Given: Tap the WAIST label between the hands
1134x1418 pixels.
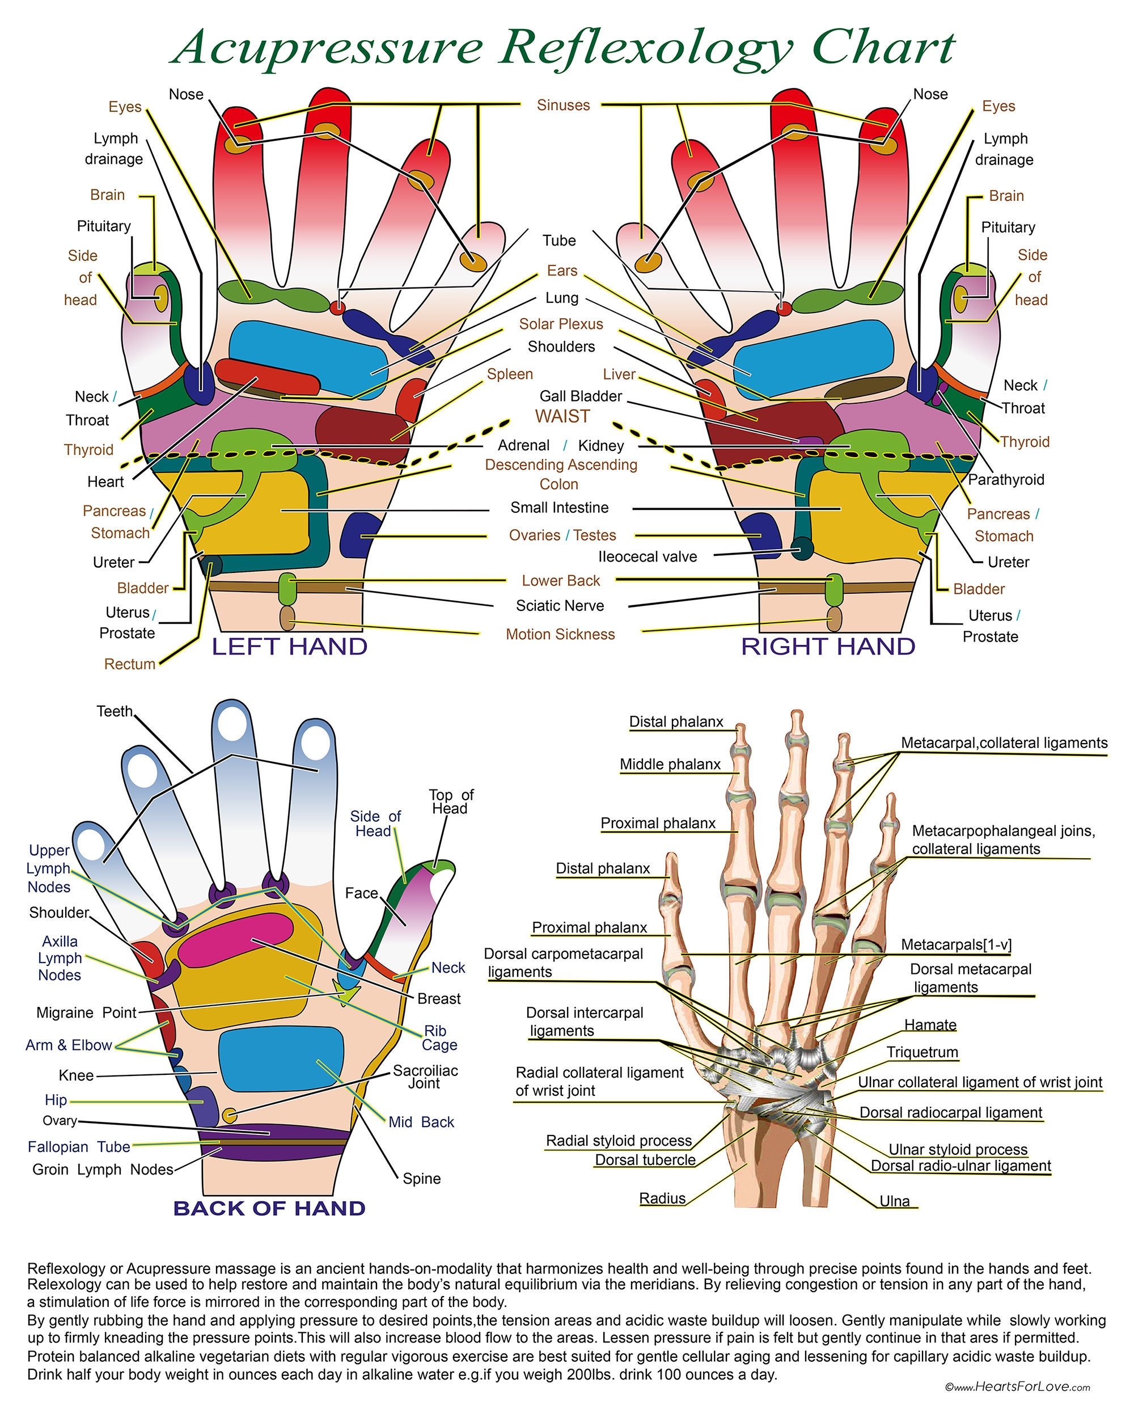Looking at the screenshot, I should pos(562,416).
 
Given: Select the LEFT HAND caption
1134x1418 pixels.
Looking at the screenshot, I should pos(289,647).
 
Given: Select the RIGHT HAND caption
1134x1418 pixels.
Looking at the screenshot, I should pos(828,647).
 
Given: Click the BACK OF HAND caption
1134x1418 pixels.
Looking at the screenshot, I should pos(269,1208).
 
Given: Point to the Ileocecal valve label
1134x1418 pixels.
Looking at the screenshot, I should pos(647,556).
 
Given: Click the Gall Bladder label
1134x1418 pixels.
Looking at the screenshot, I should pos(581,396).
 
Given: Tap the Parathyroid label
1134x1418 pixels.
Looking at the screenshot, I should pos(1005,479).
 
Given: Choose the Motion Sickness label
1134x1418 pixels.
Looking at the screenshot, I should pos(560,634).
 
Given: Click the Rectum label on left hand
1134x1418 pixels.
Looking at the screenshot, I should pos(129,664).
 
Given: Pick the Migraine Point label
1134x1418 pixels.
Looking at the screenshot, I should pos(86,1012).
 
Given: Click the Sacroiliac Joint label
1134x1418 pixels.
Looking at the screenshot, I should pos(425,1077).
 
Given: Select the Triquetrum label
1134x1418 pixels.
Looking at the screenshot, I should pos(922,1052).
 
